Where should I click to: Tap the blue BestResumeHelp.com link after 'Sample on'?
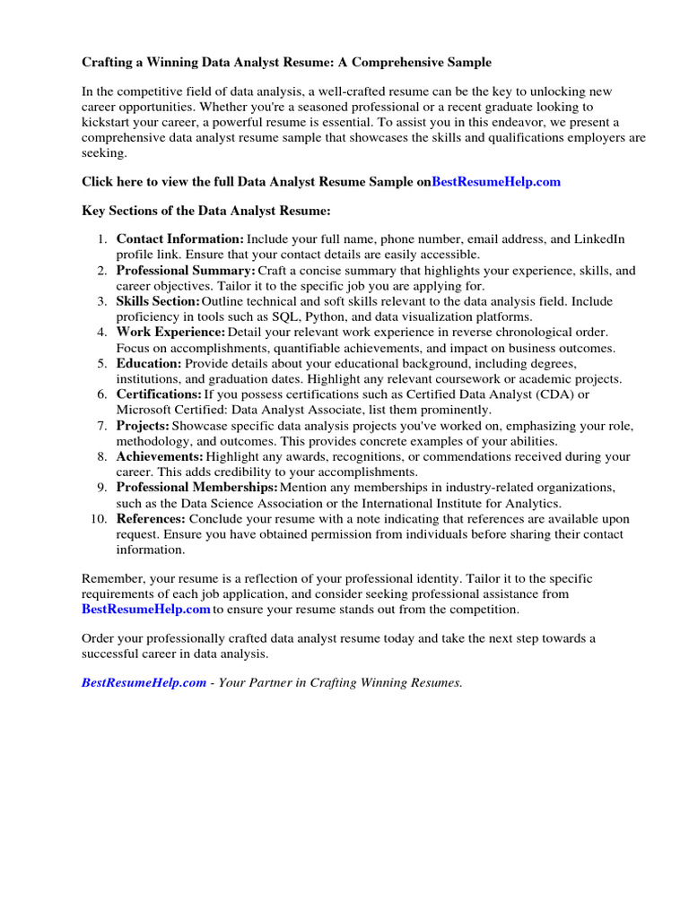point(496,181)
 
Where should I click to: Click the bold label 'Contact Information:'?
point(179,239)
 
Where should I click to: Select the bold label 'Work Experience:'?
point(170,333)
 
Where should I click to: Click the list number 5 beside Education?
point(102,363)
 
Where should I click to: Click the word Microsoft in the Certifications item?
point(144,410)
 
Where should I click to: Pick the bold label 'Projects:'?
point(143,426)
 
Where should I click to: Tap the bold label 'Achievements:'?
point(160,456)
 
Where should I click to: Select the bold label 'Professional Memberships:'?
point(196,487)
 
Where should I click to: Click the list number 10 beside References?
point(99,519)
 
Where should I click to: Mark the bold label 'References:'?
point(151,519)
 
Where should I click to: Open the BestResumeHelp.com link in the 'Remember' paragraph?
point(145,610)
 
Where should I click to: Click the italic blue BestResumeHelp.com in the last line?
point(144,682)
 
